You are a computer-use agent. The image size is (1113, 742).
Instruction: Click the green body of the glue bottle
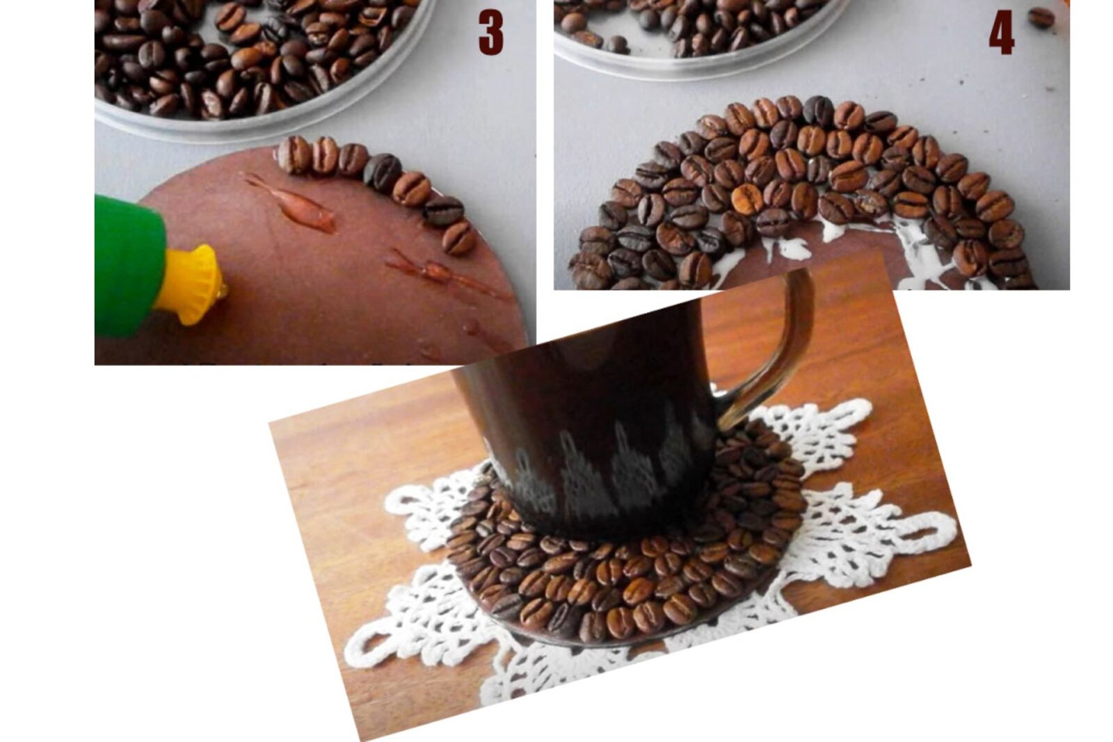tap(129, 266)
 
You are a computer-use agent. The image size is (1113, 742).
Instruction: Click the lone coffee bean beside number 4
tap(1041, 18)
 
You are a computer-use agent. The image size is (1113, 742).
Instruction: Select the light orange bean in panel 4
tap(747, 197)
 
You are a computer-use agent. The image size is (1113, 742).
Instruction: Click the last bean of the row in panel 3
tap(458, 237)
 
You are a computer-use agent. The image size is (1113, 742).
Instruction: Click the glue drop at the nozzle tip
tap(222, 289)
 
